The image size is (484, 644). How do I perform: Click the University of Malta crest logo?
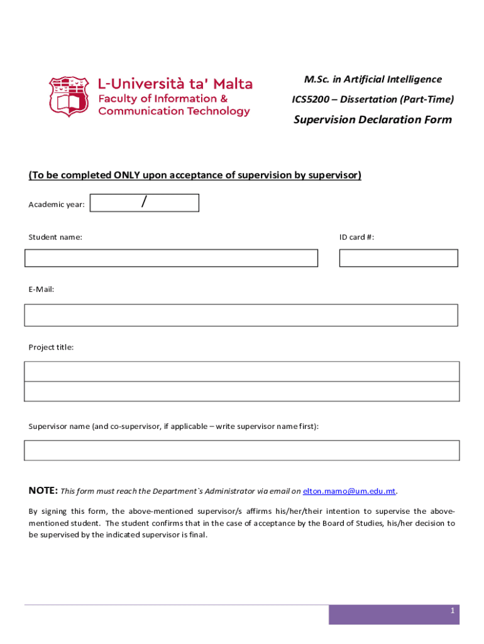[69, 97]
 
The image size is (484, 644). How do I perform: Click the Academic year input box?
[145, 203]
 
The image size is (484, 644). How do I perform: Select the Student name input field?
[171, 258]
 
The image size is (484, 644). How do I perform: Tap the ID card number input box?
[399, 258]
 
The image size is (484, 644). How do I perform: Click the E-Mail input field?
[241, 315]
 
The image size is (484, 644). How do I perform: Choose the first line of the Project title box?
[241, 371]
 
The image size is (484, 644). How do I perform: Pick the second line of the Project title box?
[241, 391]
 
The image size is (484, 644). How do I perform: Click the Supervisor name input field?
[241, 450]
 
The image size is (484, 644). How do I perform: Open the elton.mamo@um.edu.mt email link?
[349, 491]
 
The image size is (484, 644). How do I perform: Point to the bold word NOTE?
[43, 491]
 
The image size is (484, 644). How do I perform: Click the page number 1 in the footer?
[452, 611]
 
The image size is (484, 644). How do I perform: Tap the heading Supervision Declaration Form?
[373, 119]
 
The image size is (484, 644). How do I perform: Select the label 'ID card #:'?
[357, 237]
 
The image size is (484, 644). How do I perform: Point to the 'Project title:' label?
[51, 347]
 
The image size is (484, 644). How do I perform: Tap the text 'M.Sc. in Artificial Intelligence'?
[373, 79]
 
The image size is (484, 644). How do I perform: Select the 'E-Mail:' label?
[41, 289]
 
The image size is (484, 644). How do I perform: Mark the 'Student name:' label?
[55, 237]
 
